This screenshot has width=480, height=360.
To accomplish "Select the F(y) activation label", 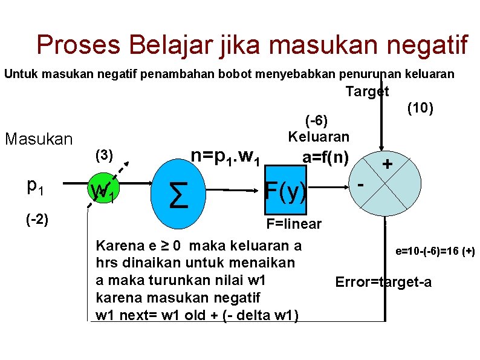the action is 286,191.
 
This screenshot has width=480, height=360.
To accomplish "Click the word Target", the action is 367,91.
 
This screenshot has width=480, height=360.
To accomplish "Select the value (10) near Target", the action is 419,108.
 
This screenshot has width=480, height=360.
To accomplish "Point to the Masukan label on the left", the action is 39,139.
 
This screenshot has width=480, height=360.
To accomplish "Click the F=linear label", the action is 294,224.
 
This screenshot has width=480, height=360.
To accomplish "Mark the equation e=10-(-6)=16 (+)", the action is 435,250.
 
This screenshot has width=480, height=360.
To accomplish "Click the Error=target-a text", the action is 383,282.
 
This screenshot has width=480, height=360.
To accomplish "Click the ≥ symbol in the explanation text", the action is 157,246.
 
